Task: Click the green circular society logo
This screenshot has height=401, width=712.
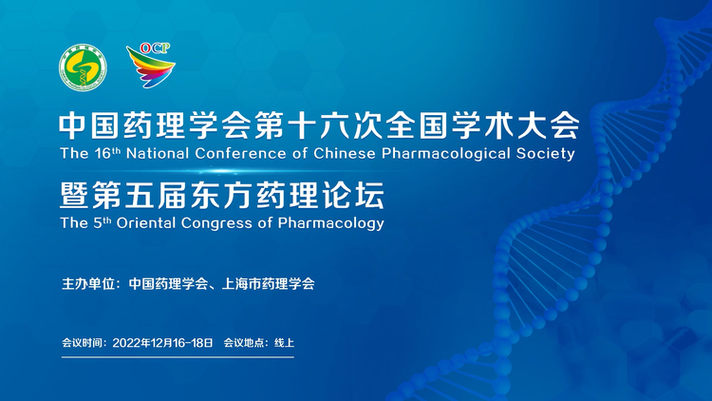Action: [x=84, y=67]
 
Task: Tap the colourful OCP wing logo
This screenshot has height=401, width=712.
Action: [x=151, y=65]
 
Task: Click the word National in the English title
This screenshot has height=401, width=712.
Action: [x=158, y=153]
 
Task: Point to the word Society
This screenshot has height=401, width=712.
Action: [x=545, y=154]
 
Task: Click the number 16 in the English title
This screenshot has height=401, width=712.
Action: [x=103, y=154]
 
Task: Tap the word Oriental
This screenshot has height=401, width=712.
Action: [x=146, y=222]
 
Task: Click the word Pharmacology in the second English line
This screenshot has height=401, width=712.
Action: [x=331, y=223]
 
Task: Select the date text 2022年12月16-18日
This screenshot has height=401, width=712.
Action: [x=162, y=343]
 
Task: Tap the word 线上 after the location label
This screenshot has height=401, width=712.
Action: [x=284, y=343]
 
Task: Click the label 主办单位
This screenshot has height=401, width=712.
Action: [x=87, y=284]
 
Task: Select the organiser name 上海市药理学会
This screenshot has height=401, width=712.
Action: [x=268, y=284]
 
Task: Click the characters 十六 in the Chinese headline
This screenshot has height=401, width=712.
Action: [x=320, y=125]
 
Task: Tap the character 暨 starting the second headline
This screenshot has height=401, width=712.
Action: [x=73, y=195]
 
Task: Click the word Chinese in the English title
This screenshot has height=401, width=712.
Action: [x=345, y=153]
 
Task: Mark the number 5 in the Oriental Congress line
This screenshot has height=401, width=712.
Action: [x=98, y=222]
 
